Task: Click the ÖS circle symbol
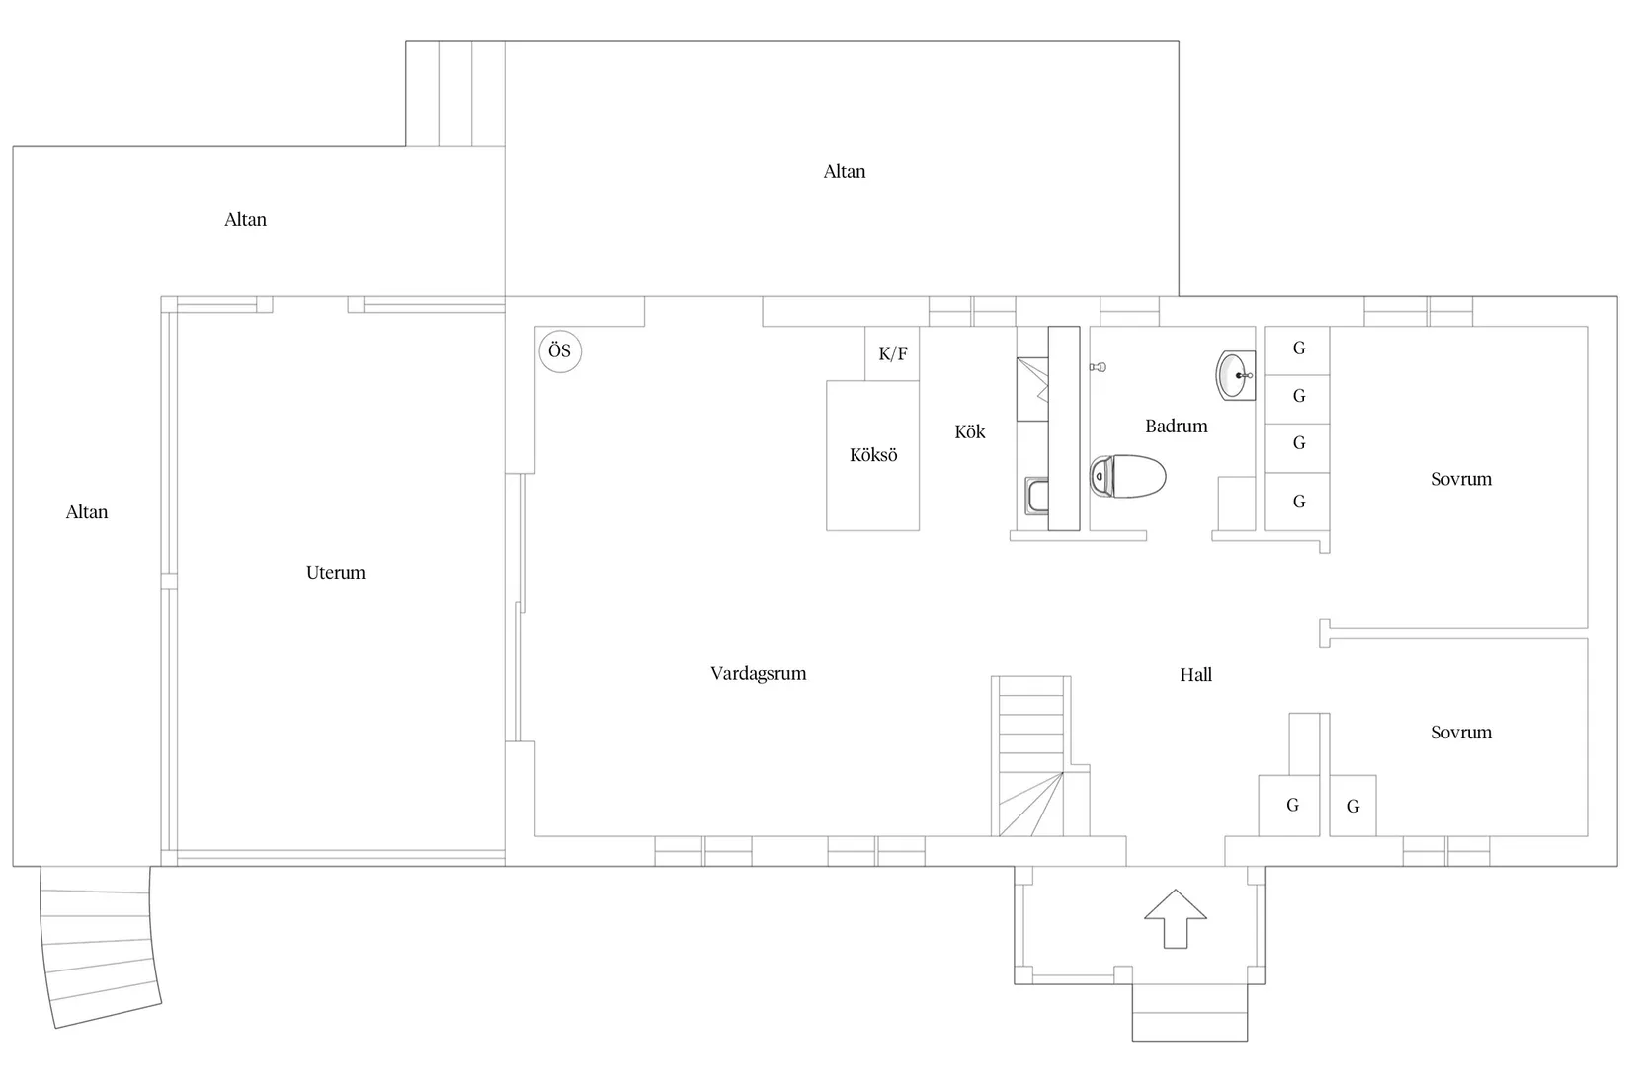coord(559,351)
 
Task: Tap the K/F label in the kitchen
coord(893,354)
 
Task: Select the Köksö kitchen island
coord(872,455)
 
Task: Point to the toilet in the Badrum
coord(1127,477)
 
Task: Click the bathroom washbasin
coord(1236,375)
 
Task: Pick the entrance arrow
coord(1176,919)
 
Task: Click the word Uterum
coord(336,573)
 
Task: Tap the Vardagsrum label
coord(759,674)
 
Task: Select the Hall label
coord(1195,675)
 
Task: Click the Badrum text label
coord(1176,427)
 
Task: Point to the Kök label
coord(969,432)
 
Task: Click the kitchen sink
coord(1036,496)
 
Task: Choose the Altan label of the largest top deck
coord(844,172)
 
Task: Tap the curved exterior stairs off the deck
coord(99,946)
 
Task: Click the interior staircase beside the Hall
coord(1031,756)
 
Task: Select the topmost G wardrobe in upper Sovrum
coord(1297,349)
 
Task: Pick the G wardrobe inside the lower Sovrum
coord(1352,806)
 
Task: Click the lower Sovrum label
coord(1461,733)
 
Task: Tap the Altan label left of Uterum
coord(87,512)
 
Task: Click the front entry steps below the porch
coord(1189,1013)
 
